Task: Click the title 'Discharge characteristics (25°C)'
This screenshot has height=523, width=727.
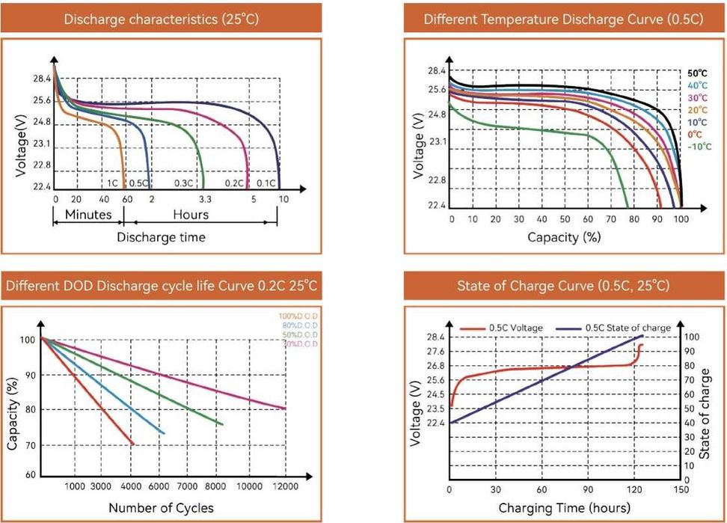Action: pyautogui.click(x=162, y=19)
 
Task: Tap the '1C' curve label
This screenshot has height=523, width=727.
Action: pyautogui.click(x=111, y=183)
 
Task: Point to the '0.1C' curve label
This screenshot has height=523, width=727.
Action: pyautogui.click(x=265, y=183)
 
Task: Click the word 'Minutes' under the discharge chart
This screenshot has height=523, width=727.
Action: pyautogui.click(x=88, y=215)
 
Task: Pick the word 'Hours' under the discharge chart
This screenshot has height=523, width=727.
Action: pyautogui.click(x=191, y=215)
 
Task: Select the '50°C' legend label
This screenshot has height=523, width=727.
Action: pyautogui.click(x=697, y=74)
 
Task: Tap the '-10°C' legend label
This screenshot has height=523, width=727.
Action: pyautogui.click(x=699, y=146)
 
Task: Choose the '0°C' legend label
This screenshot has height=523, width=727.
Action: pyautogui.click(x=696, y=134)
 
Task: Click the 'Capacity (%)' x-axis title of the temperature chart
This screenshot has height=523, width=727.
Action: pyautogui.click(x=563, y=237)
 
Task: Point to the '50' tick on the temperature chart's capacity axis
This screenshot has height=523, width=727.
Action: pyautogui.click(x=565, y=219)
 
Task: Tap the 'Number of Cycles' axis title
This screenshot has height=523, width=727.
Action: pyautogui.click(x=161, y=508)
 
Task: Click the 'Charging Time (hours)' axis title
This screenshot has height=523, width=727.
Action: pyautogui.click(x=563, y=509)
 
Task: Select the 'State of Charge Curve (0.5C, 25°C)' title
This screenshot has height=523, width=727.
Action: pyautogui.click(x=563, y=287)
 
